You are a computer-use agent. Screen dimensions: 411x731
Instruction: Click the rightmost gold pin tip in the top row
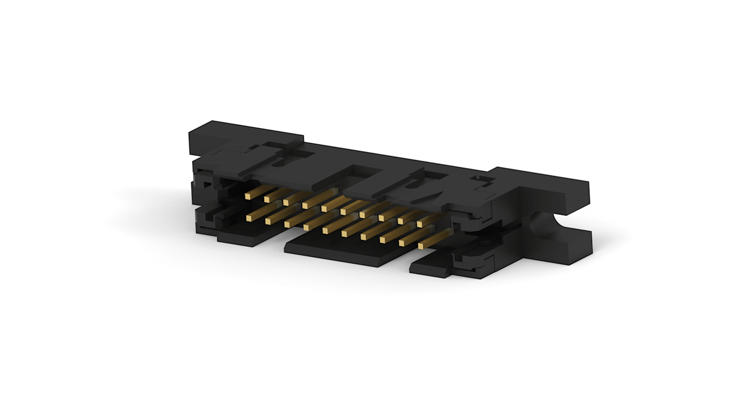pos(420,224)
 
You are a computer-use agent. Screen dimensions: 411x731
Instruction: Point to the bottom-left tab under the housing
pos(239,238)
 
